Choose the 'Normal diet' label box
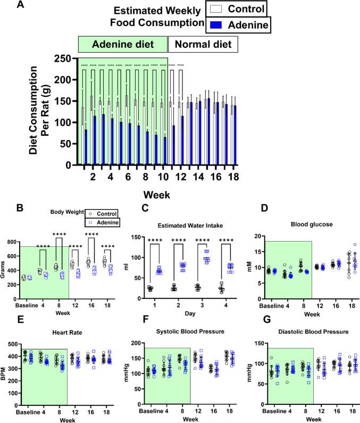(203, 44)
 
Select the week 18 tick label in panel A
(233, 174)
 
